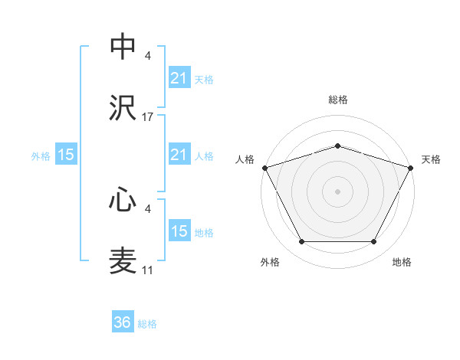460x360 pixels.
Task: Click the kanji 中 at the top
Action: (x=123, y=47)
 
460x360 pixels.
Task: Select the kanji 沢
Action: (x=123, y=108)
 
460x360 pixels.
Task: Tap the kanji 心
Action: (x=123, y=200)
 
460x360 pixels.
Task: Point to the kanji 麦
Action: (x=123, y=261)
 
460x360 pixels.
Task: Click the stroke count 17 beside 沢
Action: (x=148, y=117)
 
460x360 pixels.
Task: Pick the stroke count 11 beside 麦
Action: (x=148, y=270)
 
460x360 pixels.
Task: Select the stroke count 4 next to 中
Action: (x=148, y=56)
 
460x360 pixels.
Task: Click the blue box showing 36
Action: (x=123, y=322)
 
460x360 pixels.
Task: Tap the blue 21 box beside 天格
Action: (x=179, y=77)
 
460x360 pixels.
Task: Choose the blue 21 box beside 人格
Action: (x=179, y=155)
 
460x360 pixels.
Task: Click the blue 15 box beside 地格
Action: (x=179, y=231)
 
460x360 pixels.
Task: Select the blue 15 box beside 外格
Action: (x=66, y=155)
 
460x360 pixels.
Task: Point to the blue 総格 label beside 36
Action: (x=147, y=324)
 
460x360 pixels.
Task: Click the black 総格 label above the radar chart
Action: (x=337, y=100)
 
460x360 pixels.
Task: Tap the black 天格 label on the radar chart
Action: (x=431, y=159)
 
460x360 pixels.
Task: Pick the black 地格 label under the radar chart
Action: (x=402, y=262)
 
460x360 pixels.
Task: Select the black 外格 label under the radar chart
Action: (x=270, y=262)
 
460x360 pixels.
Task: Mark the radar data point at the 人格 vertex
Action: (x=264, y=167)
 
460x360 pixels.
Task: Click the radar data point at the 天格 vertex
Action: (x=411, y=167)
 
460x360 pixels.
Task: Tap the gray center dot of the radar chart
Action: (x=337, y=191)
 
